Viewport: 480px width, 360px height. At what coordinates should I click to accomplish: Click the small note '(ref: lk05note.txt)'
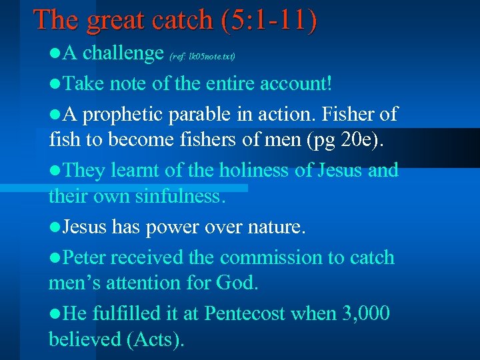pos(203,56)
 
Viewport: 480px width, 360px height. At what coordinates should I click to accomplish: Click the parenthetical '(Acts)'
pos(155,340)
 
